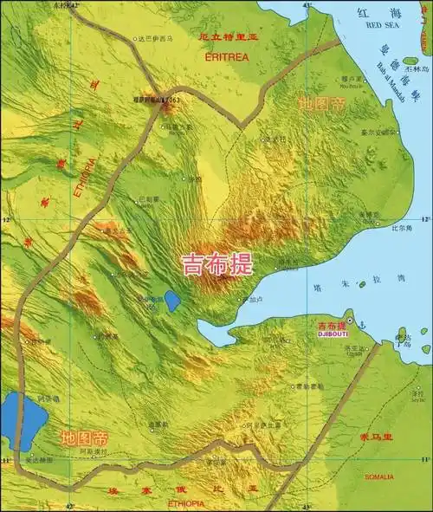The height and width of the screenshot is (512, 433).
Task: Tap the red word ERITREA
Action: point(226,56)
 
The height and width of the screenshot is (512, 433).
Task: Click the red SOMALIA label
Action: point(378,476)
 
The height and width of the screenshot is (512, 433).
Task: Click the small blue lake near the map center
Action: point(172,301)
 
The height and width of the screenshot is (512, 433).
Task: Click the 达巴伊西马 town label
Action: point(156,39)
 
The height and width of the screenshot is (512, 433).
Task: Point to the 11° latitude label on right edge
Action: point(424,458)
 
